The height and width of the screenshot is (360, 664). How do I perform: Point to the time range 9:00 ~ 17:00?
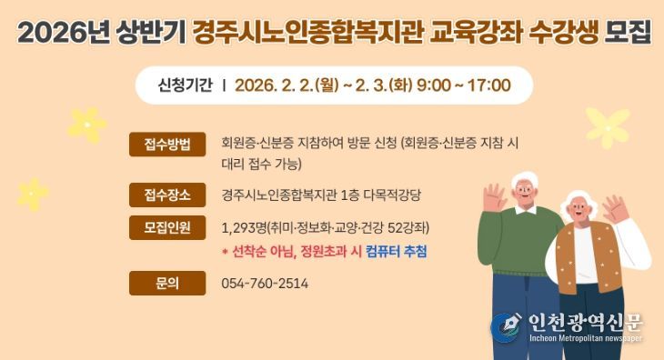(x=464, y=86)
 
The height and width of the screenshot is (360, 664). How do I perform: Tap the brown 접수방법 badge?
(x=167, y=145)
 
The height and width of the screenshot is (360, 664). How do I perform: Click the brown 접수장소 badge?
(x=167, y=195)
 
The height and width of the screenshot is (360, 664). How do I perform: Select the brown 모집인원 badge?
(x=167, y=227)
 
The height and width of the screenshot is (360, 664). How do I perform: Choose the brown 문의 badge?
(x=167, y=284)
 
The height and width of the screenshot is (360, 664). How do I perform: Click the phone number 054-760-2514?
(x=265, y=284)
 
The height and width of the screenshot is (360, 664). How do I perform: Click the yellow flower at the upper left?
(x=86, y=125)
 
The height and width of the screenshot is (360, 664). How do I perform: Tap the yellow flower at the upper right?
(x=608, y=127)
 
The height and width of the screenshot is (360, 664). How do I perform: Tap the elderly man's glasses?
(x=526, y=189)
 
